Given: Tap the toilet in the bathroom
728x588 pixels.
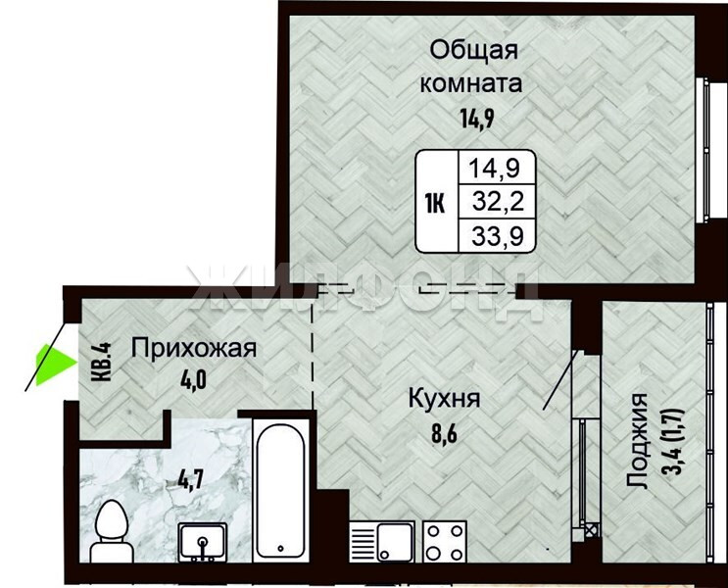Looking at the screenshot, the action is point(110,531).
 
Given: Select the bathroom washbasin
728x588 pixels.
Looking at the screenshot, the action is point(203,542).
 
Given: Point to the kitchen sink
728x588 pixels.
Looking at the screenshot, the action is point(382,541).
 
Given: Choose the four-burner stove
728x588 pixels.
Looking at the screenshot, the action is point(445,541).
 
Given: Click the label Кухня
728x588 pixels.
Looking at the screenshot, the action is point(444,399).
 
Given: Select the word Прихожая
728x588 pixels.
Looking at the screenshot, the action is point(194,348).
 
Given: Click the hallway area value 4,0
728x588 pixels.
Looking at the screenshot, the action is point(193,379).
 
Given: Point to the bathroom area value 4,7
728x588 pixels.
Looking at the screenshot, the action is point(191,480).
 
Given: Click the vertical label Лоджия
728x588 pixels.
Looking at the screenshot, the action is point(637,441).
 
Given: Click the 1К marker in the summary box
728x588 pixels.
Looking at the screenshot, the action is point(435,204).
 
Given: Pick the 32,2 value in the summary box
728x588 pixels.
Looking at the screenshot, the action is point(498,202).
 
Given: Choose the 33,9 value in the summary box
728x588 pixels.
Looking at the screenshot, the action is point(498,236).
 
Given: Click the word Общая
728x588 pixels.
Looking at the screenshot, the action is point(473,50).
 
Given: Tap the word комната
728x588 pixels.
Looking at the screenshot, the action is point(470,84).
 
